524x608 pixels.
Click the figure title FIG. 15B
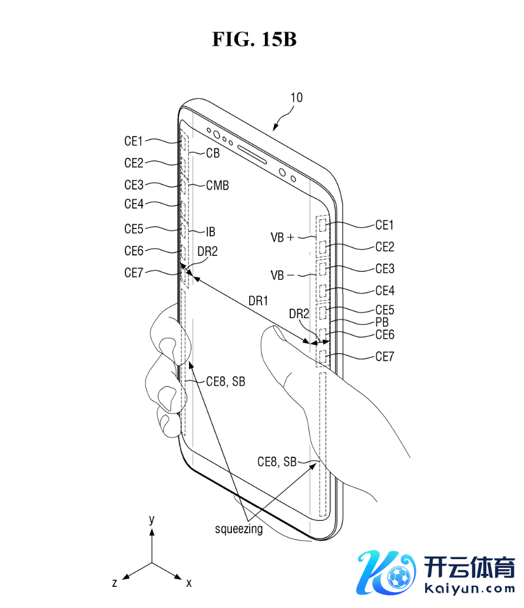254,39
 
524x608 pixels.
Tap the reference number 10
297,98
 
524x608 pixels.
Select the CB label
213,153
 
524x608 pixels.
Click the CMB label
217,185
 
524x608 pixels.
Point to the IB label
211,231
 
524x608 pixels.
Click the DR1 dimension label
258,301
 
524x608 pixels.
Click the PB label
382,323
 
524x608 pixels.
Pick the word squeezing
238,529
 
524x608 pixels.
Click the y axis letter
152,519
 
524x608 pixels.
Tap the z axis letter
115,583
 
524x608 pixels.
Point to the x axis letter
189,583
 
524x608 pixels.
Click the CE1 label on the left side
134,141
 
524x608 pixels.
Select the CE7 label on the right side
385,356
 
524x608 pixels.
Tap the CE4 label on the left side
134,204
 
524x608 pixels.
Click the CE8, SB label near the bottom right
277,462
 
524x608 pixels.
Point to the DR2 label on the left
207,251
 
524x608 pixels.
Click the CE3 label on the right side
385,268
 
